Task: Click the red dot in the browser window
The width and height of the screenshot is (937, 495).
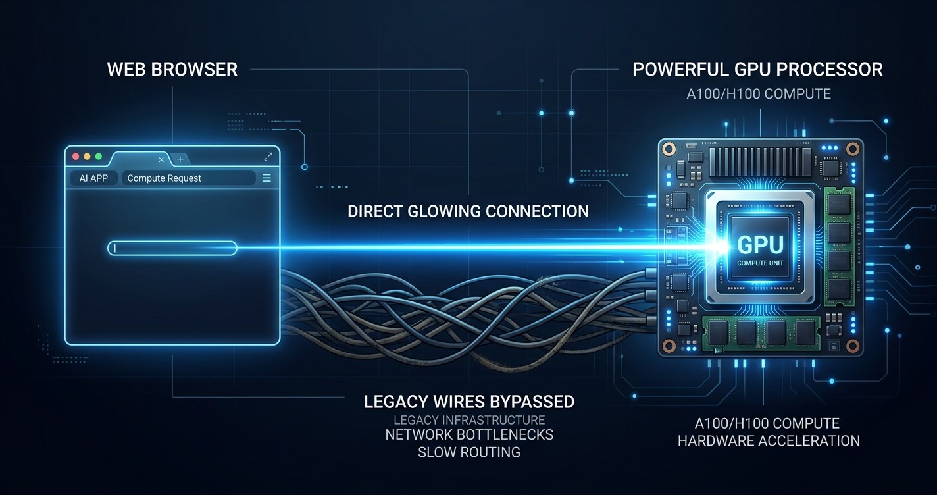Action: pos(76,157)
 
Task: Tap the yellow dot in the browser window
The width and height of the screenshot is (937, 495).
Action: pos(87,157)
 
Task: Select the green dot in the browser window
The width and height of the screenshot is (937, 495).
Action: pos(99,157)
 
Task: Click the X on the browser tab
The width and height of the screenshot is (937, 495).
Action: pos(161,159)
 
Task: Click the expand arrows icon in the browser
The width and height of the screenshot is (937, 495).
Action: pos(268,157)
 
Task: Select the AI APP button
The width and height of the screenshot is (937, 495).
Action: pos(93,178)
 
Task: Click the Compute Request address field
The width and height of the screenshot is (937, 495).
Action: pos(189,178)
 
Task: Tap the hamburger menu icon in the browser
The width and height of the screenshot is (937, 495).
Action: pos(266,178)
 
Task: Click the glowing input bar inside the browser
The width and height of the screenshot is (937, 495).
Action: pos(172,248)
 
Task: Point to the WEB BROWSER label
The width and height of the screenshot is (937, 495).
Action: pos(172,70)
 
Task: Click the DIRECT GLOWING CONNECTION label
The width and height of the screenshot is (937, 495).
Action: pos(468,211)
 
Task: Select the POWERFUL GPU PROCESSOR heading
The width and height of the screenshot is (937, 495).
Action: pos(757,70)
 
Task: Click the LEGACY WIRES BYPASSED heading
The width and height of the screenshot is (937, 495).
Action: pos(469,402)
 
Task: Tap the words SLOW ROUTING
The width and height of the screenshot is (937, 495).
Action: pos(469,452)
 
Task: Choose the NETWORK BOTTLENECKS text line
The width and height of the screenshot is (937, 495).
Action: pos(469,434)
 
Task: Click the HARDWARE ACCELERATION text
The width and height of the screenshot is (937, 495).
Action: pos(769,440)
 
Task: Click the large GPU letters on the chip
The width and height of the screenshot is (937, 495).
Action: pos(760,245)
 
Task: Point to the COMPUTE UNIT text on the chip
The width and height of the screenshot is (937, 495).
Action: pos(760,263)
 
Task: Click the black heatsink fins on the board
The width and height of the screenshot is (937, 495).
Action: pos(760,161)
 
